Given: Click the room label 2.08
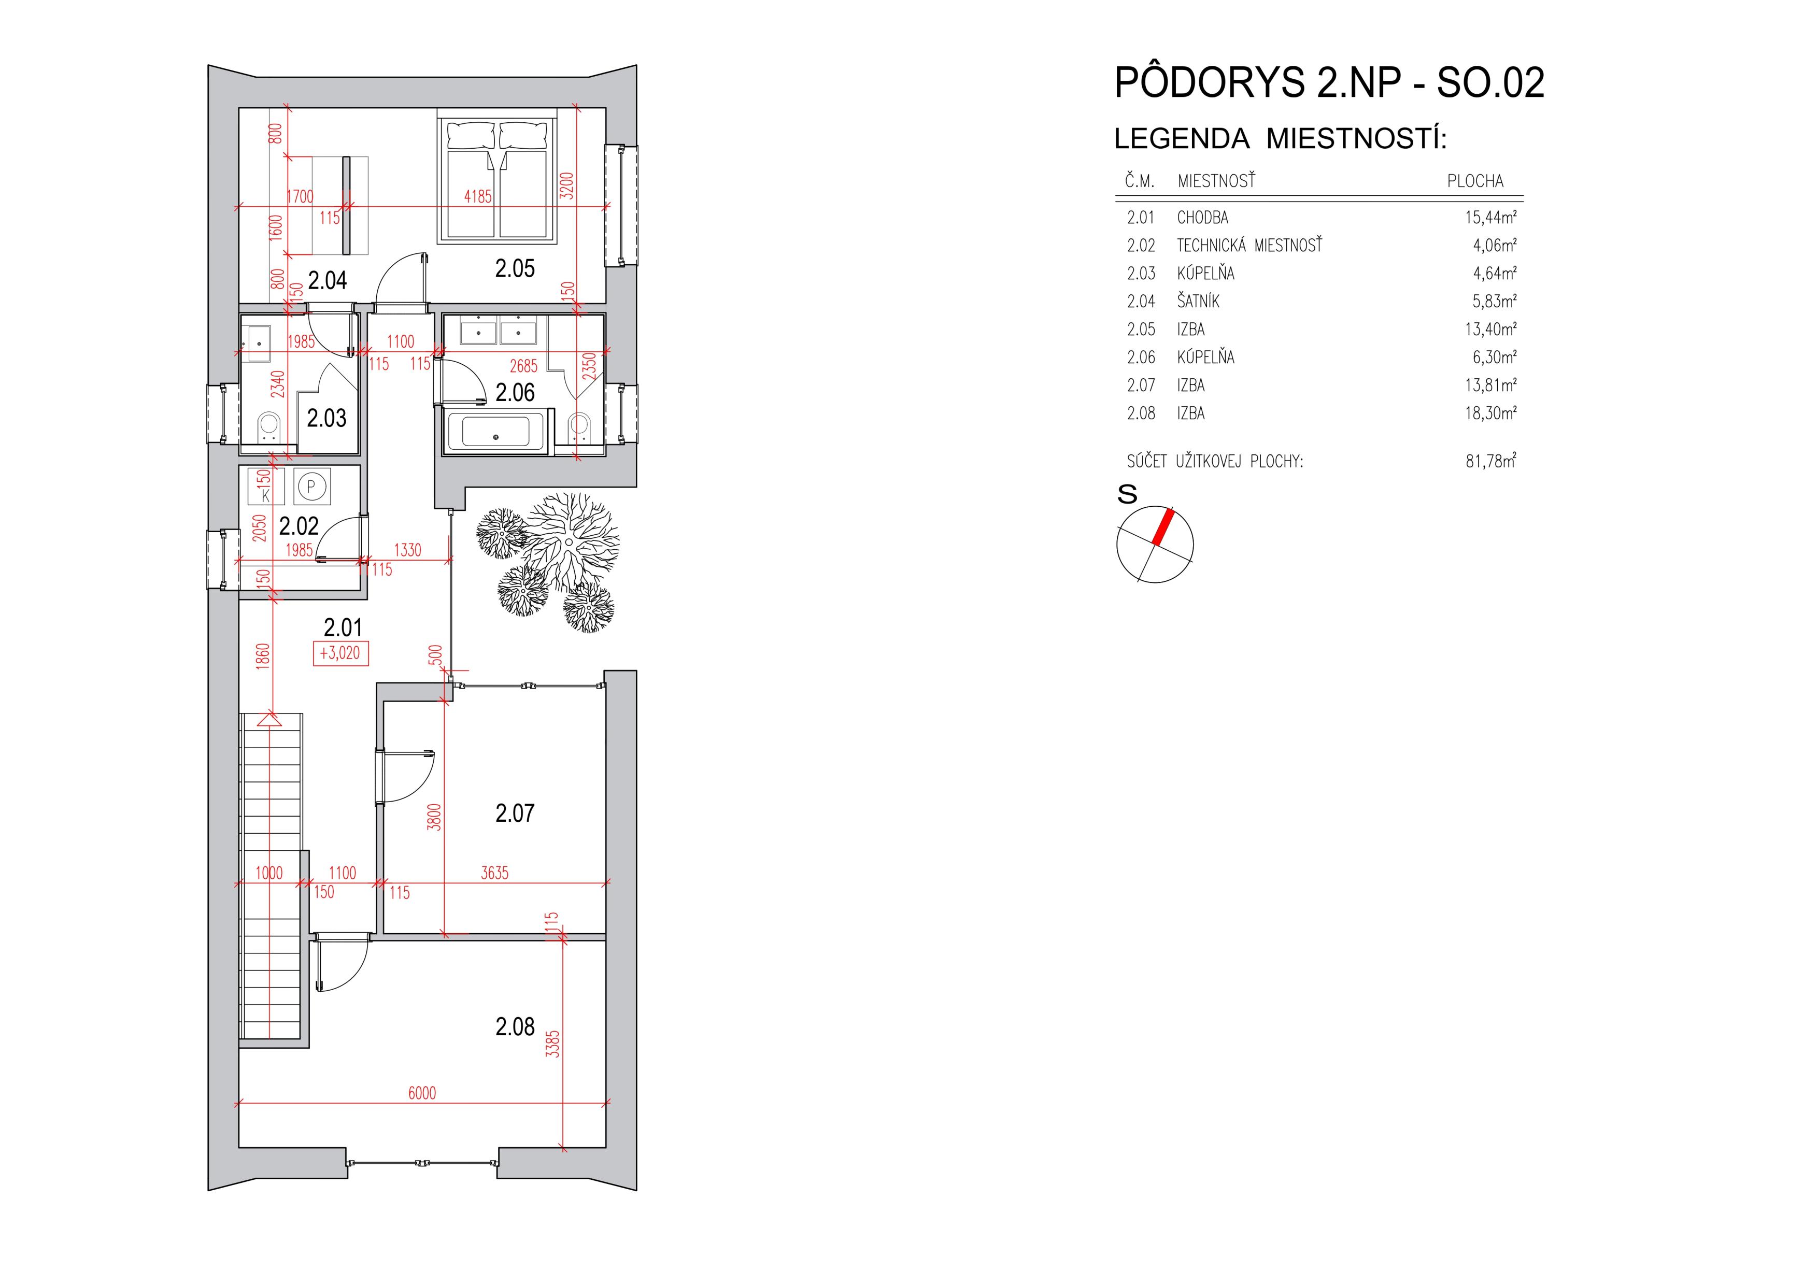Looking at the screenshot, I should [515, 1027].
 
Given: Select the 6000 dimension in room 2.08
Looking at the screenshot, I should [422, 1093].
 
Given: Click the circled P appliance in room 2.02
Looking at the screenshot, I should [312, 486].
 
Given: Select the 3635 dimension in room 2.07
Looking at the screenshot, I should [494, 873].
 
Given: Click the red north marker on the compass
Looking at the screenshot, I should [1162, 526].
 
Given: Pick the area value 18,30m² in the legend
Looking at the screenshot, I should [1490, 413].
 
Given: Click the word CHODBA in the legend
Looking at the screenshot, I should [1202, 218].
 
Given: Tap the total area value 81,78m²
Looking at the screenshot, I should [1490, 461].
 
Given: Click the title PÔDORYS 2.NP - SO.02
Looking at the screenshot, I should [1329, 82].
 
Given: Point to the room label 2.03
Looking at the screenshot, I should [326, 418].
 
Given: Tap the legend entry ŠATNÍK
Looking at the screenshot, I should [1198, 302].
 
